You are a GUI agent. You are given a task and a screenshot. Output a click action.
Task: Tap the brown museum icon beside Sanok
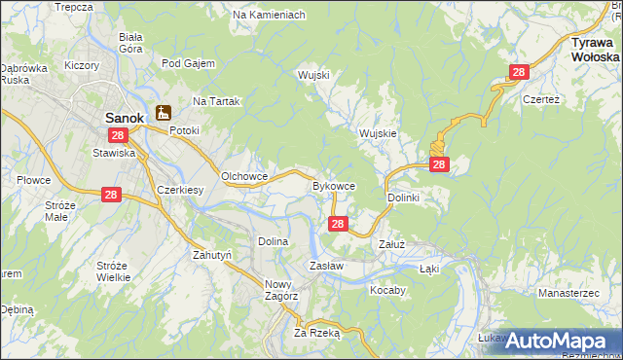click(x=163, y=112)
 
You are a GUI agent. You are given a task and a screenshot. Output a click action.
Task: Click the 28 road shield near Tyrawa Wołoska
click(x=519, y=73)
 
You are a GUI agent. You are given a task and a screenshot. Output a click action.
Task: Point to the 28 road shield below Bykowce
click(x=337, y=224)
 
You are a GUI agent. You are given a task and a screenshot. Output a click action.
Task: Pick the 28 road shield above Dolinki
click(x=439, y=165)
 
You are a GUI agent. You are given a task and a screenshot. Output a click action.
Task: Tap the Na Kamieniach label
click(x=270, y=16)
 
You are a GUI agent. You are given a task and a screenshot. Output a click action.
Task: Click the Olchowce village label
click(x=244, y=176)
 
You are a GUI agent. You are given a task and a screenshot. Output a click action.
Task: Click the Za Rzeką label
click(x=316, y=332)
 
